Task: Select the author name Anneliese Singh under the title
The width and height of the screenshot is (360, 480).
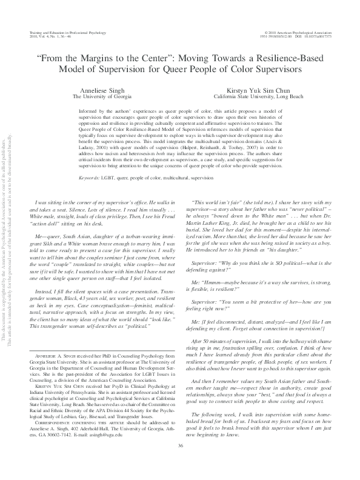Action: (93, 89)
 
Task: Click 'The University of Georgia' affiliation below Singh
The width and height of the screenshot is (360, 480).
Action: (93, 96)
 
